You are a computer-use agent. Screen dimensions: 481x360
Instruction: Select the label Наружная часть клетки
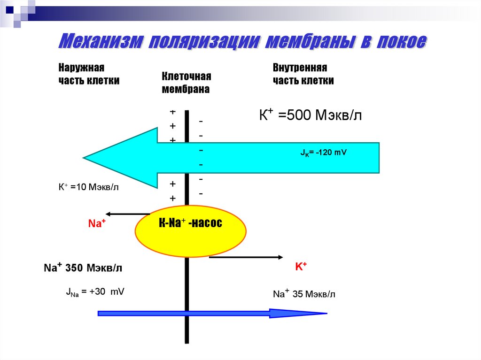89,74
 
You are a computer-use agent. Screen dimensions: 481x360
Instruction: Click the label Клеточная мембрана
186,83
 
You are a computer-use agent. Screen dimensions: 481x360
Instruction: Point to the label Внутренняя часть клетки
303,74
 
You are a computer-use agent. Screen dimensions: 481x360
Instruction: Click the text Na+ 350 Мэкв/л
83,268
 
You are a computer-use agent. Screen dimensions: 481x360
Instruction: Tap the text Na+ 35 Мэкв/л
304,294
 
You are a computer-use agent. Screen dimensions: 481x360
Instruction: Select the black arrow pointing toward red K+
245,257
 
